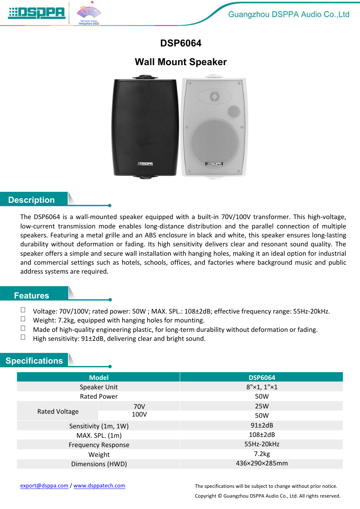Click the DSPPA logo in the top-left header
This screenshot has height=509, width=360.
point(37,13)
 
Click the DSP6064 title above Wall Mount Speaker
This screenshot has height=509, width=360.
point(180,43)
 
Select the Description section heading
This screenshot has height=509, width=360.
point(31,200)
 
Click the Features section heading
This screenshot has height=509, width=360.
point(31,296)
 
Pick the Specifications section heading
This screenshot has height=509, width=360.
point(34,361)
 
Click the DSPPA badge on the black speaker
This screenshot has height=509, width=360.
point(145,164)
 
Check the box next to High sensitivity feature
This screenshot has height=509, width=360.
point(23,337)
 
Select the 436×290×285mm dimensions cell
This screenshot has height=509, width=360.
point(261,463)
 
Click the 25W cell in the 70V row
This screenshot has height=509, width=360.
point(261,406)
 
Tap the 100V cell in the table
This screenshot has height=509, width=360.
point(139,415)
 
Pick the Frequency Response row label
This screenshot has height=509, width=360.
point(99,445)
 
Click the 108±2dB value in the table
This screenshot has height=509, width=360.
point(261,434)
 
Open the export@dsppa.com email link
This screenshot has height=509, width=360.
point(44,485)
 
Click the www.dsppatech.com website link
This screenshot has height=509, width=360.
point(99,485)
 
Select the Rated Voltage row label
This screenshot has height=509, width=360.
point(58,411)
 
